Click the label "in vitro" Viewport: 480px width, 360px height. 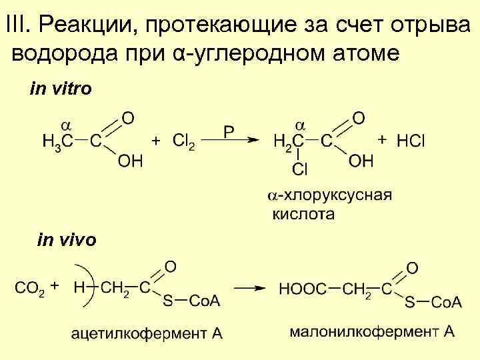pos(61,88)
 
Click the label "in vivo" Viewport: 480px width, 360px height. pos(67,239)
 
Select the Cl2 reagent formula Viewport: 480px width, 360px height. pos(183,141)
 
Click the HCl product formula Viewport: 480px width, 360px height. pos(411,141)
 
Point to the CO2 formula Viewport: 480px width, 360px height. pos(29,289)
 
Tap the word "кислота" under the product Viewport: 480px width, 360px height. pos(303,214)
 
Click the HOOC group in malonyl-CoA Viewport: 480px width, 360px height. pos(303,289)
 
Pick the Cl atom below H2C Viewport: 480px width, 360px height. pos(300,169)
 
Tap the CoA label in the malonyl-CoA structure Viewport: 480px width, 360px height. pos(446,302)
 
